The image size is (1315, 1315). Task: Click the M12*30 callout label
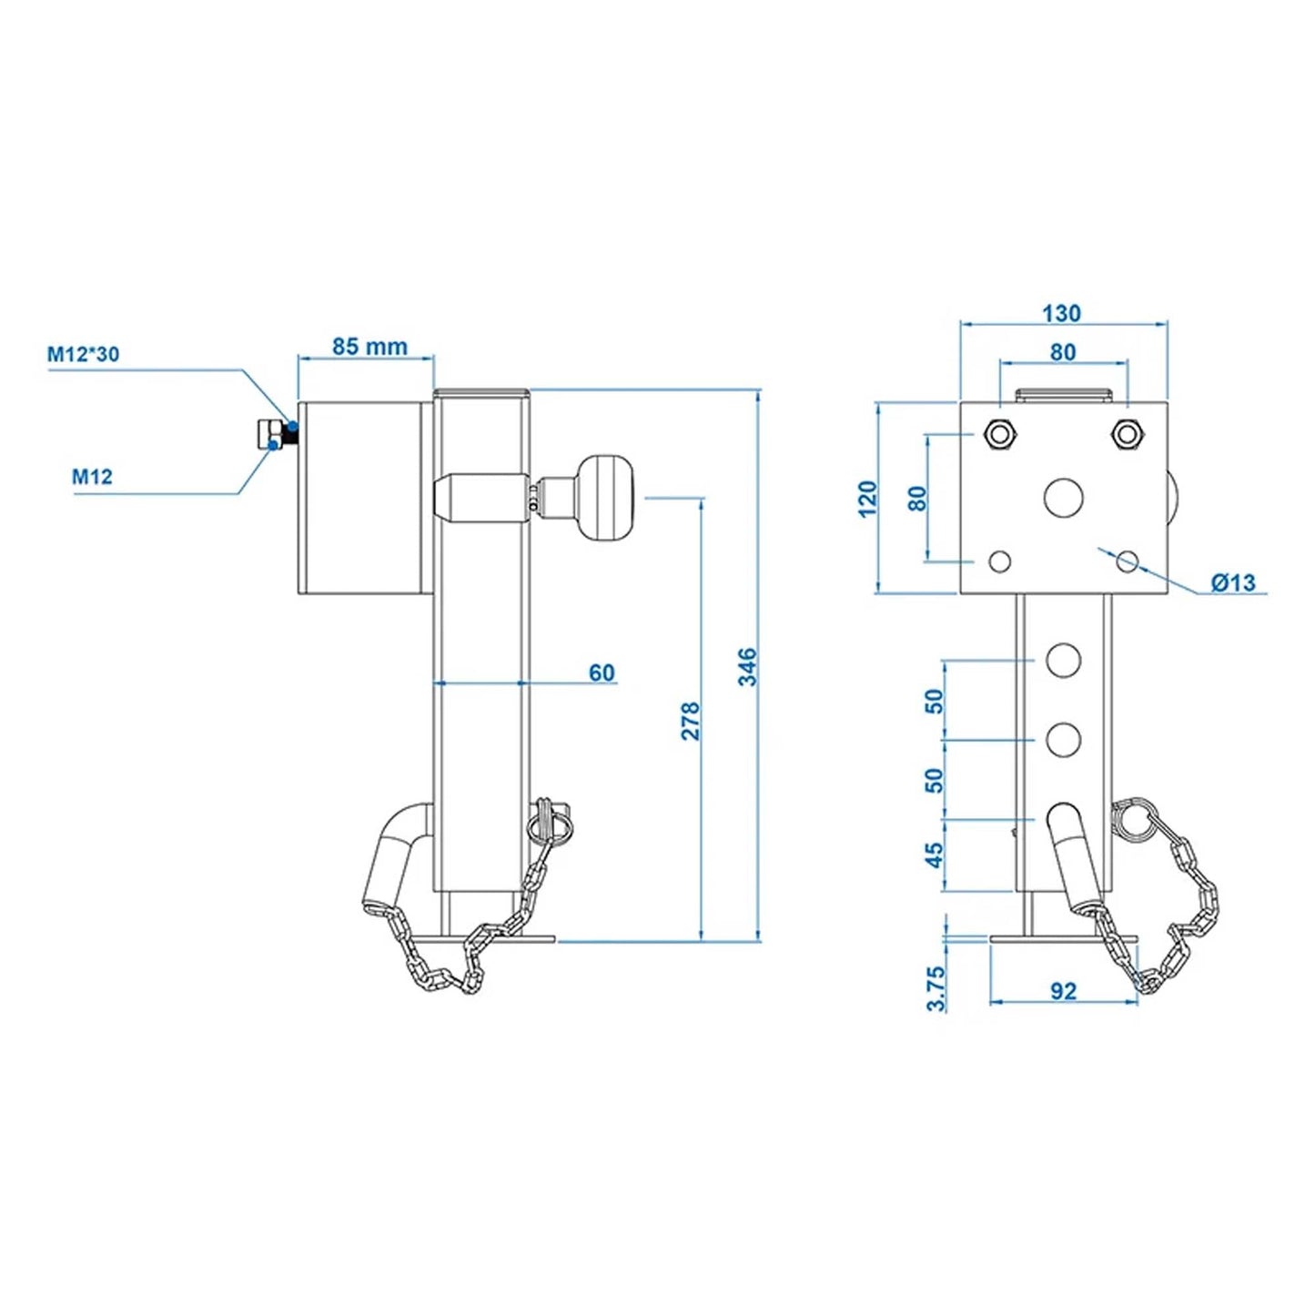coord(83,354)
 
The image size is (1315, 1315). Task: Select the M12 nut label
coord(92,476)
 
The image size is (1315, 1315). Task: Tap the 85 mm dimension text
coord(369,347)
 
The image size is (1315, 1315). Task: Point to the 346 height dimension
coord(747,667)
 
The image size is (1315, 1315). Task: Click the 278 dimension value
coord(691,720)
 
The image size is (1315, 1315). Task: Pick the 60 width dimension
coord(602,673)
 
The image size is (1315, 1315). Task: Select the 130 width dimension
coord(1061,313)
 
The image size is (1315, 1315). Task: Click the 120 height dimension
coord(867,499)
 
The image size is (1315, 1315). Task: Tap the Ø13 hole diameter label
coord(1232,582)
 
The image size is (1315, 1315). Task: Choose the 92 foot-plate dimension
coord(1063,991)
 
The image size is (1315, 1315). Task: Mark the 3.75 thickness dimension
coord(936,988)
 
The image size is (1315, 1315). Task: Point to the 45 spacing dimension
coord(935,855)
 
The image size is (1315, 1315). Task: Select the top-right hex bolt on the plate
coord(1127,434)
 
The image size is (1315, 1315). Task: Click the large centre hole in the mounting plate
coord(1063,497)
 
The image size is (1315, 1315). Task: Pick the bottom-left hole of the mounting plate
coord(1000,561)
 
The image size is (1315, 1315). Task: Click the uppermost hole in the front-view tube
coord(1063,660)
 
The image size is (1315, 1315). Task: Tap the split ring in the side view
coord(551,822)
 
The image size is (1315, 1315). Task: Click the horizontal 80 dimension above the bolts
coord(1063,352)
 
